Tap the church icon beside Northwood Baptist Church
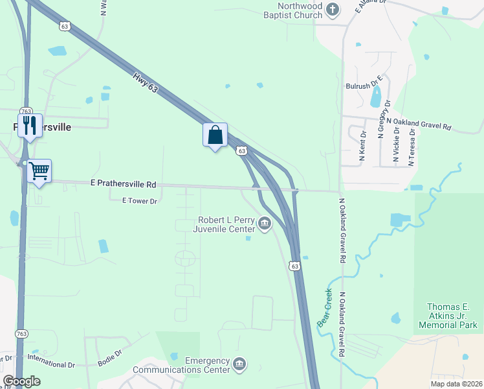click(332, 10)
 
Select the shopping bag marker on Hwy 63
click(215, 136)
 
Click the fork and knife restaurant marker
click(30, 126)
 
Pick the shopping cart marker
click(39, 171)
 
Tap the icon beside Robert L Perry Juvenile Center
click(264, 224)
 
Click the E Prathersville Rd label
click(123, 185)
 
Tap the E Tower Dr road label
click(140, 201)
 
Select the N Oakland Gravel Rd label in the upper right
click(418, 123)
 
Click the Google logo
click(21, 381)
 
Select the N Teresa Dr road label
click(410, 147)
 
